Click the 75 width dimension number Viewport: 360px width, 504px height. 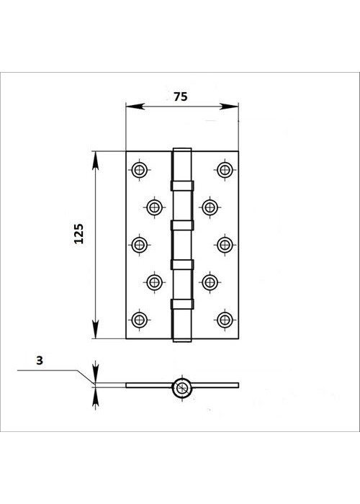pyautogui.click(x=180, y=96)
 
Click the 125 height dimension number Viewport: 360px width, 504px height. pyautogui.click(x=78, y=234)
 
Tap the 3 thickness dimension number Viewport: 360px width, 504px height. pyautogui.click(x=40, y=361)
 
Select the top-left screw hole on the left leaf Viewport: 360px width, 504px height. pyautogui.click(x=140, y=170)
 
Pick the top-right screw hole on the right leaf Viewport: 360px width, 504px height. pyautogui.click(x=225, y=170)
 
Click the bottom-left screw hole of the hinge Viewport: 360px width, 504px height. pyautogui.click(x=140, y=320)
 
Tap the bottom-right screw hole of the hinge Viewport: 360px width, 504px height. pyautogui.click(x=225, y=320)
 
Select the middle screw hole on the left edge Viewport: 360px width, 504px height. pyautogui.click(x=140, y=245)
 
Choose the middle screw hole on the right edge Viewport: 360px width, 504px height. pyautogui.click(x=225, y=245)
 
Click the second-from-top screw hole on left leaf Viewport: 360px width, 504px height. pyautogui.click(x=154, y=207)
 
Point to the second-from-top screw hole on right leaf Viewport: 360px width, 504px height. pyautogui.click(x=210, y=207)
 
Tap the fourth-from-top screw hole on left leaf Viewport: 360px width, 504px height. pyautogui.click(x=154, y=282)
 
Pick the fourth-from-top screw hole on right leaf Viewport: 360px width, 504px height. pyautogui.click(x=210, y=282)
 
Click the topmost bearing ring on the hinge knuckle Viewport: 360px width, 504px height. pyautogui.click(x=182, y=186)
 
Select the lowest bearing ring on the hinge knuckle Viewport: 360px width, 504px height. pyautogui.click(x=182, y=304)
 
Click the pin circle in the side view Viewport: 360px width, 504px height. pyautogui.click(x=182, y=387)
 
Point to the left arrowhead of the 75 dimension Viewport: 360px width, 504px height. pyautogui.click(x=135, y=107)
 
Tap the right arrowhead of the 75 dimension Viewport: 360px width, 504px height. pyautogui.click(x=229, y=107)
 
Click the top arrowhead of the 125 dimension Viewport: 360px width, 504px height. pyautogui.click(x=96, y=161)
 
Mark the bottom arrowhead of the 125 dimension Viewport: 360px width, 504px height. pyautogui.click(x=96, y=329)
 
